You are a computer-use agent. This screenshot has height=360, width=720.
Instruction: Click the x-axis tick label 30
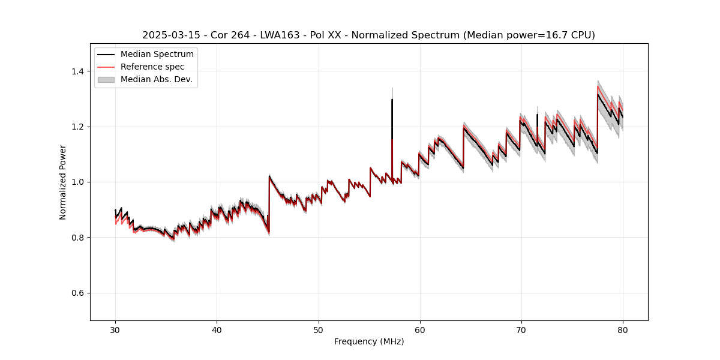click(115, 330)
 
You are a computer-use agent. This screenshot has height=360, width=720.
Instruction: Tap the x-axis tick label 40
click(217, 330)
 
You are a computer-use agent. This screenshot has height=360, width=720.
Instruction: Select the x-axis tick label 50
click(318, 330)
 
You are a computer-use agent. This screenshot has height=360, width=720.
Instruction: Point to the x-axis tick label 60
click(420, 330)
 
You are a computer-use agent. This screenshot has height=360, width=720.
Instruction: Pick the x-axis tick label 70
click(521, 330)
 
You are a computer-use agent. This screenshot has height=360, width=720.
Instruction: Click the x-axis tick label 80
click(623, 330)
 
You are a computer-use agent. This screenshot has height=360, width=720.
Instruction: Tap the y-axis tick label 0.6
click(79, 293)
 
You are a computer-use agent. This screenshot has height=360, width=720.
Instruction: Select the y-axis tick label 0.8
click(79, 238)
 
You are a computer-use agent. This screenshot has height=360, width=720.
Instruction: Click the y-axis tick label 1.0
click(79, 182)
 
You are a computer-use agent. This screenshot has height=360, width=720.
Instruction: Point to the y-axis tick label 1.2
click(79, 127)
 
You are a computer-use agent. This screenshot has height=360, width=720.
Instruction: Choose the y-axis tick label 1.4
click(79, 71)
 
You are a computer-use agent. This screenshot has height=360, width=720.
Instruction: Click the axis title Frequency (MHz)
click(369, 341)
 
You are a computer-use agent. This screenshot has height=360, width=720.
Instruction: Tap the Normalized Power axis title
click(63, 182)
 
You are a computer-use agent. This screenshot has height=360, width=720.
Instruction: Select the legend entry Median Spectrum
click(157, 55)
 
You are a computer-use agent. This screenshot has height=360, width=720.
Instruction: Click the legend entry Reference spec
click(152, 67)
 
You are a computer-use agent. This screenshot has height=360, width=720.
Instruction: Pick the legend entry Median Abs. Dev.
click(156, 79)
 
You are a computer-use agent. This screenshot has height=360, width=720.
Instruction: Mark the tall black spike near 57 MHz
click(392, 120)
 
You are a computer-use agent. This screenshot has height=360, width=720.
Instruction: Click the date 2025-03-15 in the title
click(169, 35)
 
